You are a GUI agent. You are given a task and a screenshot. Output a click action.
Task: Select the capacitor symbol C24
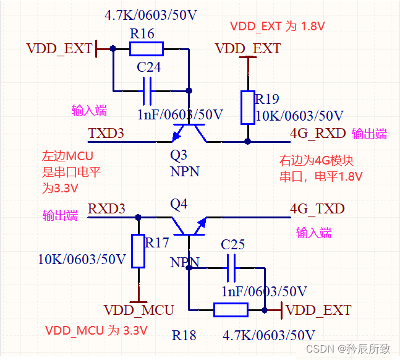click(147, 90)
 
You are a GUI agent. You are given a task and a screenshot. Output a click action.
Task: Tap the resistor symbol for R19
click(247, 107)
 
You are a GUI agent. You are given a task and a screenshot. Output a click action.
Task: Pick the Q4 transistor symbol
click(189, 226)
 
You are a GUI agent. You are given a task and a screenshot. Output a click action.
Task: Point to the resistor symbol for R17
click(138, 251)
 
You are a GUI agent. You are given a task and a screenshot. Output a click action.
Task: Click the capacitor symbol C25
click(232, 268)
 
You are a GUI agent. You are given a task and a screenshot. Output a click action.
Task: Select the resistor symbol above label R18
click(231, 310)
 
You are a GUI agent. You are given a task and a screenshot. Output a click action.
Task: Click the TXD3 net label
click(106, 133)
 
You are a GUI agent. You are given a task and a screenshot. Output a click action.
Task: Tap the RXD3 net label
click(106, 208)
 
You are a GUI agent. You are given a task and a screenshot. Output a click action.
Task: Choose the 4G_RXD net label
click(318, 133)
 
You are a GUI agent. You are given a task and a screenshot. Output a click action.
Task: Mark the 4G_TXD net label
click(317, 208)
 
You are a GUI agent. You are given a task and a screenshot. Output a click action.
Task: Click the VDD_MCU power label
click(138, 310)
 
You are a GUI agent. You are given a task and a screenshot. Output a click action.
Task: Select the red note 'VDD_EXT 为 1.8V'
click(278, 27)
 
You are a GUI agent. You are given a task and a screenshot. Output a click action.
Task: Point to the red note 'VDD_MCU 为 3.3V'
click(96, 330)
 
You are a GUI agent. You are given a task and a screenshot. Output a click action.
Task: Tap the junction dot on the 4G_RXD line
click(247, 142)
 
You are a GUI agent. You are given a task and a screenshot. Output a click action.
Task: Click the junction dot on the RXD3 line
click(138, 217)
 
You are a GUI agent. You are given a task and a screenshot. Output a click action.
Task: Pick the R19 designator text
click(267, 99)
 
